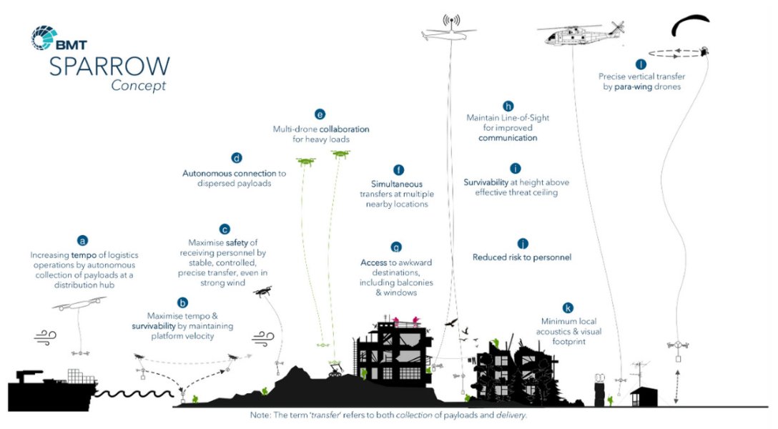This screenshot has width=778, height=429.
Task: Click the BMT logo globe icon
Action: (44, 38)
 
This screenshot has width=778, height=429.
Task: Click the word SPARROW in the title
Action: (109, 66)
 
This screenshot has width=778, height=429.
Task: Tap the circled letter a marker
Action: (83, 241)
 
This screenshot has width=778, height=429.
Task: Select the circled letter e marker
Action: (320, 114)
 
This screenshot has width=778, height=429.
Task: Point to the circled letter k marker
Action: (568, 308)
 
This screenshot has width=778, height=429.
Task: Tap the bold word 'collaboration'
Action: (345, 129)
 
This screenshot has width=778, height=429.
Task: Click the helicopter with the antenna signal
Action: (450, 32)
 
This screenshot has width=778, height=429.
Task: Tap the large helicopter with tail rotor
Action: (580, 34)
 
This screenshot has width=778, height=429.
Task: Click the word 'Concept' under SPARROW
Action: (138, 86)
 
